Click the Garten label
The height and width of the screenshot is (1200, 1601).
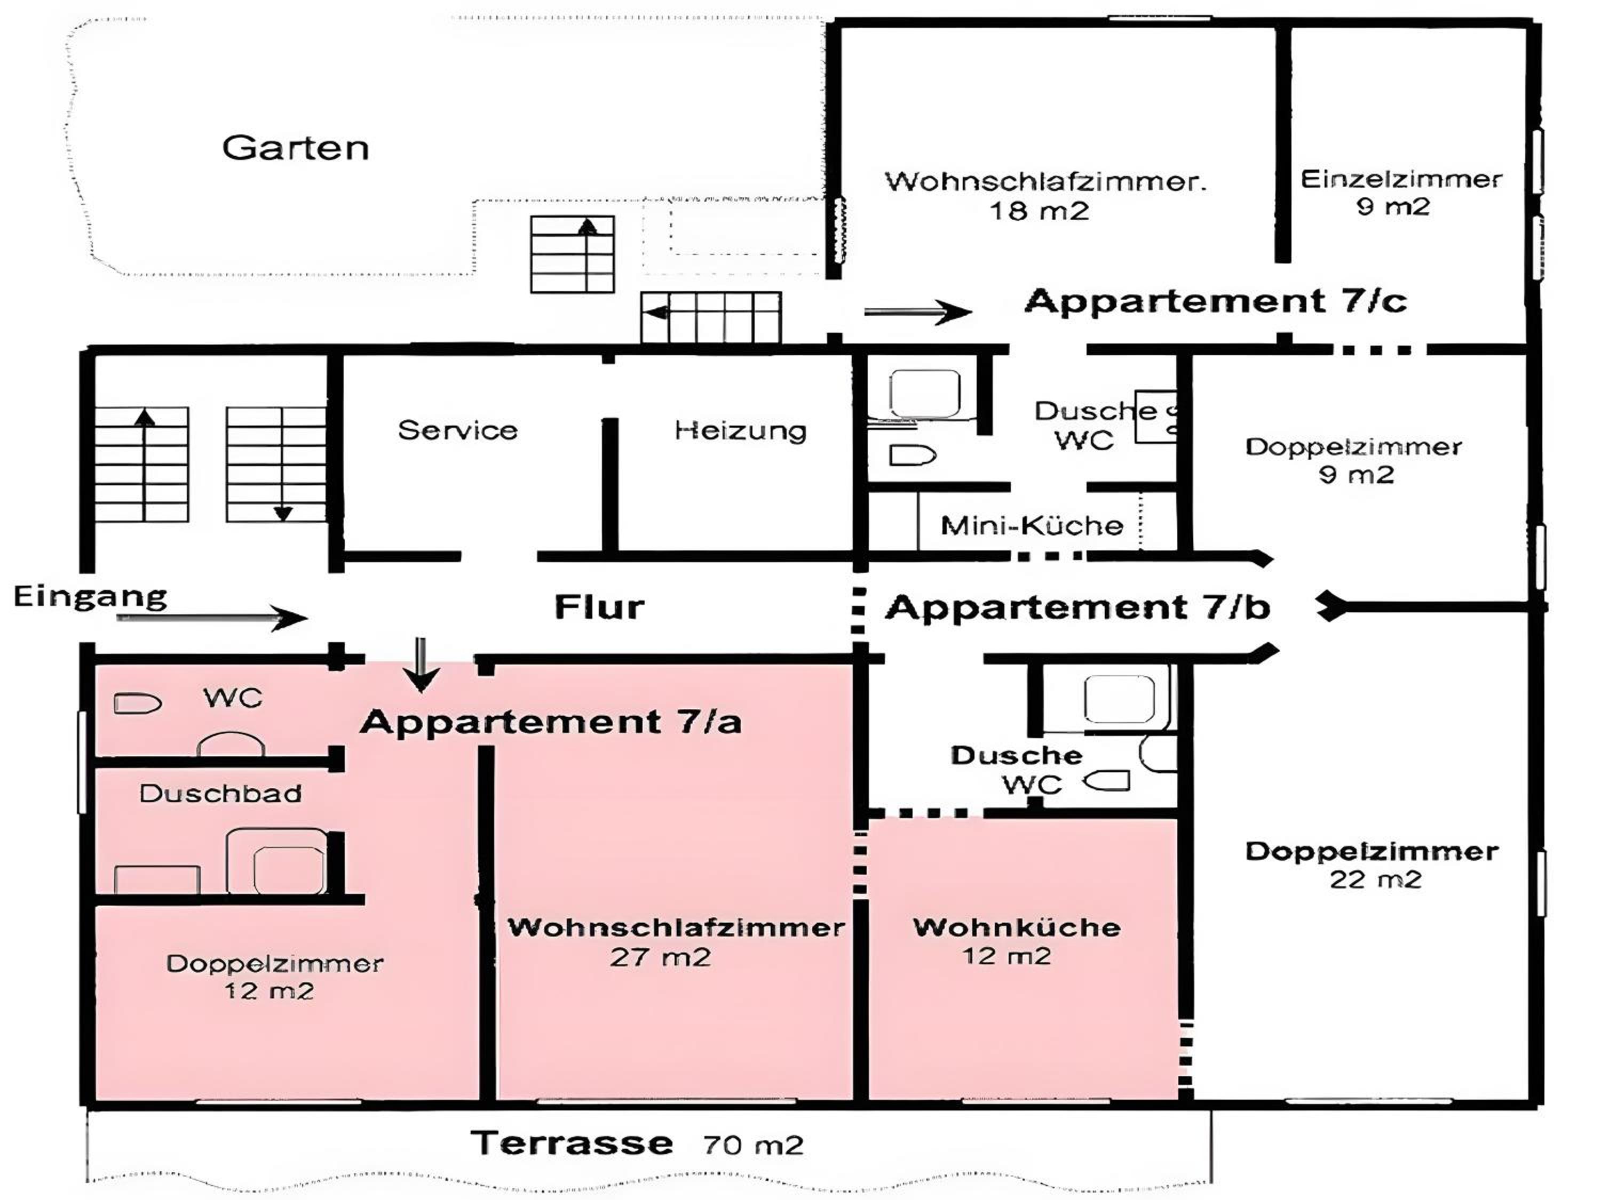pos(295,148)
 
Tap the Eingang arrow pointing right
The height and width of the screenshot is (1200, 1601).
pos(212,617)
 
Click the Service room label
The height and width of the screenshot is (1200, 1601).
pos(458,430)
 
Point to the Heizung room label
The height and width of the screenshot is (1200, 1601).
pos(740,430)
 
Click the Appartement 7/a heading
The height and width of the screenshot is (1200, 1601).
pos(551,721)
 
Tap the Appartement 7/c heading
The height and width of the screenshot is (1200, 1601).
pos(1216,300)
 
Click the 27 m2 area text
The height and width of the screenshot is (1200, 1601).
pos(660,957)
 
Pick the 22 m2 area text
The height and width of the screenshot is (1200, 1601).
pos(1376,879)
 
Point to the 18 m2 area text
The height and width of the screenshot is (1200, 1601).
pos(1040,211)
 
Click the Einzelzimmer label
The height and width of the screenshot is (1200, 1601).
pos(1401,179)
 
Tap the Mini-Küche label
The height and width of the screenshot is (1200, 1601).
pos(1032,525)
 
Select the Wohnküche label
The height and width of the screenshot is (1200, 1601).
pos(1017,927)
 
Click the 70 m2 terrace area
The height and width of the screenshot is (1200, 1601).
pos(754,1145)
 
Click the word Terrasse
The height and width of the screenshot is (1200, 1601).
pos(572,1143)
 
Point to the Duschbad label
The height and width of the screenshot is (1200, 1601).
pos(221,794)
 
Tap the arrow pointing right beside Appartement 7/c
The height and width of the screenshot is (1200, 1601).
pos(918,312)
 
